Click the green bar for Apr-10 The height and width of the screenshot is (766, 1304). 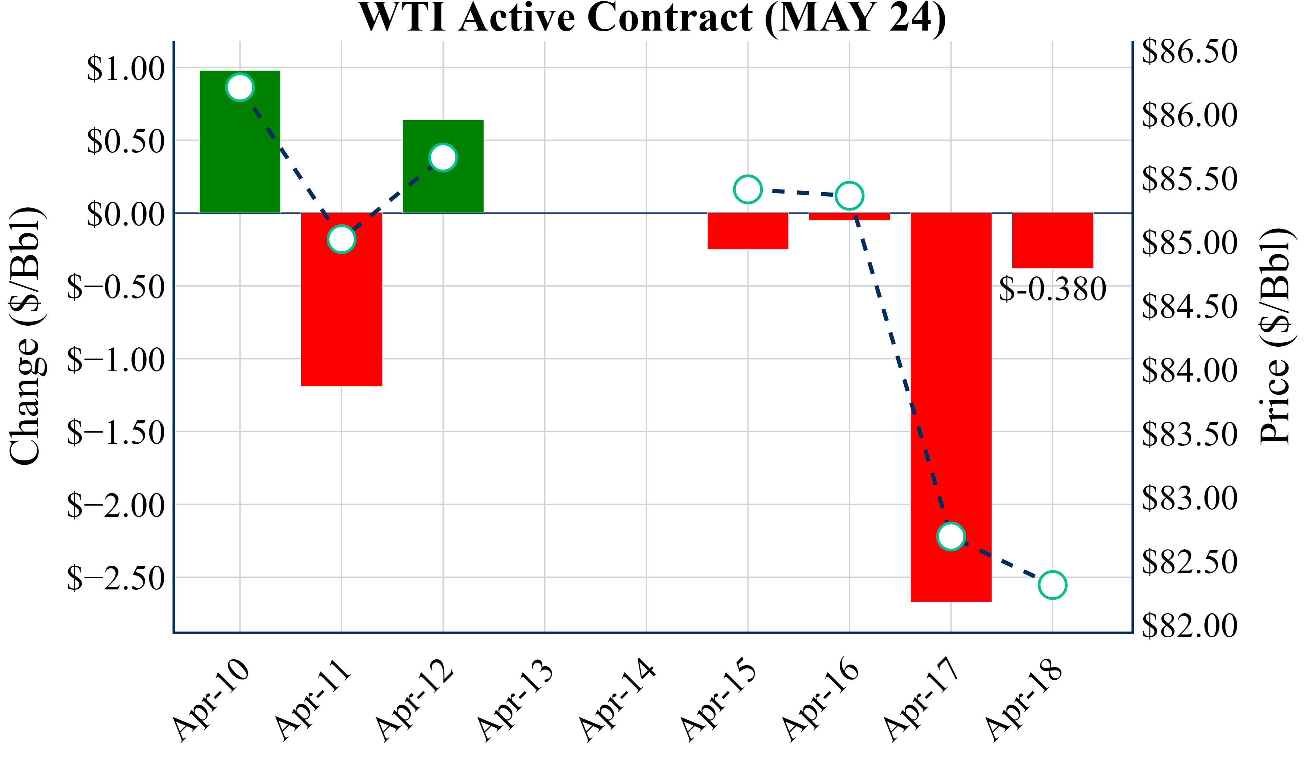[x=240, y=155]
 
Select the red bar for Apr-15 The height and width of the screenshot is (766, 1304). [x=748, y=231]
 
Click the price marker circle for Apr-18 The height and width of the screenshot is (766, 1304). [x=1052, y=585]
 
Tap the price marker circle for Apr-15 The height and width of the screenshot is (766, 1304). [x=748, y=189]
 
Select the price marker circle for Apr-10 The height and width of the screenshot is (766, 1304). [x=240, y=87]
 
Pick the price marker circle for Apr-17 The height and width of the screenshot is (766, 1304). [x=951, y=536]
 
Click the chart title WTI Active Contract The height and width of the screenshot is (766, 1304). [x=652, y=18]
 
